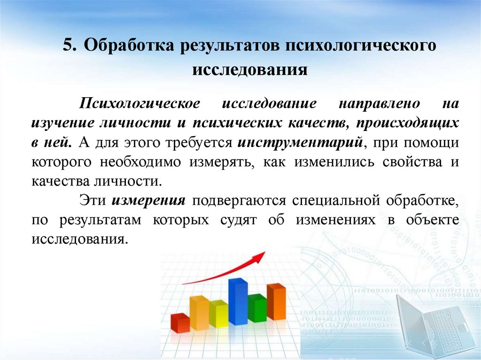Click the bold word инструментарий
(x=301, y=142)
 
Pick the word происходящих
(x=407, y=123)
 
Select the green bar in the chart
(x=257, y=308)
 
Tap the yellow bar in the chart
(x=218, y=314)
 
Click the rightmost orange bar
(x=276, y=302)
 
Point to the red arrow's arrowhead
(x=259, y=256)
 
